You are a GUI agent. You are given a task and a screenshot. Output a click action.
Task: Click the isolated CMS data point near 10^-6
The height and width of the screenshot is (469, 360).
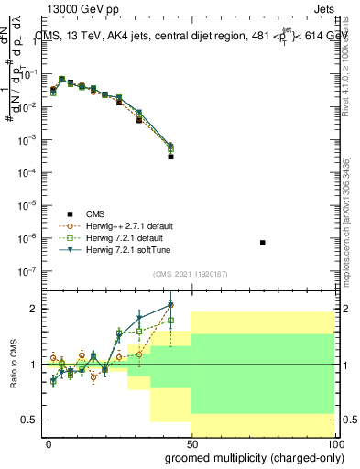pos(263,243)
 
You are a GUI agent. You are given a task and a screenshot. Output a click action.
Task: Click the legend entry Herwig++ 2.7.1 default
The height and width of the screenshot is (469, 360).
pos(124,225)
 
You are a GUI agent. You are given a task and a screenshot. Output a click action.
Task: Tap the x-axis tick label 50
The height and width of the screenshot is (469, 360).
pos(191,443)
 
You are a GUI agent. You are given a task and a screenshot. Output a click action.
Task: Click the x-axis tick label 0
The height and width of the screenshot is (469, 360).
pos(49,443)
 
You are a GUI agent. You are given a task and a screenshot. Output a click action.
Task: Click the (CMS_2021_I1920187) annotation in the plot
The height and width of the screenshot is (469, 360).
pos(191,274)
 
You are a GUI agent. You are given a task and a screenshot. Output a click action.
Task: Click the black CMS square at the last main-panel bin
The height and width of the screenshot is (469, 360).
pos(170,157)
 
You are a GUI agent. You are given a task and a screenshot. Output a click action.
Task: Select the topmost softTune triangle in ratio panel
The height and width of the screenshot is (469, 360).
pos(170,306)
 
